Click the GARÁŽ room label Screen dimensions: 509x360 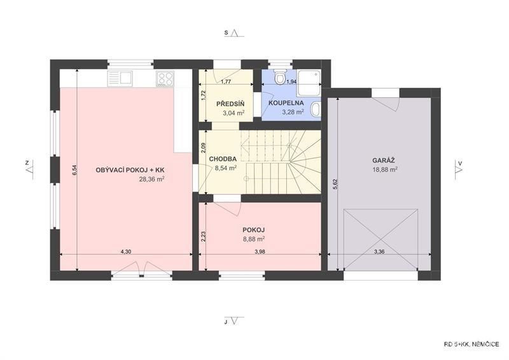coord(384,160)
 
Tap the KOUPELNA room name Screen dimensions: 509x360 coord(286,103)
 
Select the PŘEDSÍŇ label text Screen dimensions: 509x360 coord(230,104)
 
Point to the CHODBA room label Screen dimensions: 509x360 coord(223,159)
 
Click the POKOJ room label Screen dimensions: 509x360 coord(253,230)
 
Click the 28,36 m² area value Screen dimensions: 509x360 coord(151,179)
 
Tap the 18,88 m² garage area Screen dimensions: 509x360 coord(386,169)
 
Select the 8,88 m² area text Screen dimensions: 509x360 coord(253,239)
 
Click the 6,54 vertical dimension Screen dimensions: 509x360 coord(74,170)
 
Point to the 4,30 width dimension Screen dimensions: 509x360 coord(126,252)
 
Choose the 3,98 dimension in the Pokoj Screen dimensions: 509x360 coord(260,252)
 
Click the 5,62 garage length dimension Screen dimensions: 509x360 coord(336,184)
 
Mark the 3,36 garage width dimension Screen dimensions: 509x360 coord(379,252)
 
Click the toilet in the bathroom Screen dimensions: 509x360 coord(279,76)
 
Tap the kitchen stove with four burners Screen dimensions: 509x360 coord(165,78)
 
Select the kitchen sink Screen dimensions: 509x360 coord(120,78)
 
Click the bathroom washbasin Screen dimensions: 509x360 coord(316,109)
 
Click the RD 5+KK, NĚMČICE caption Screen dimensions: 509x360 coord(471,345)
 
